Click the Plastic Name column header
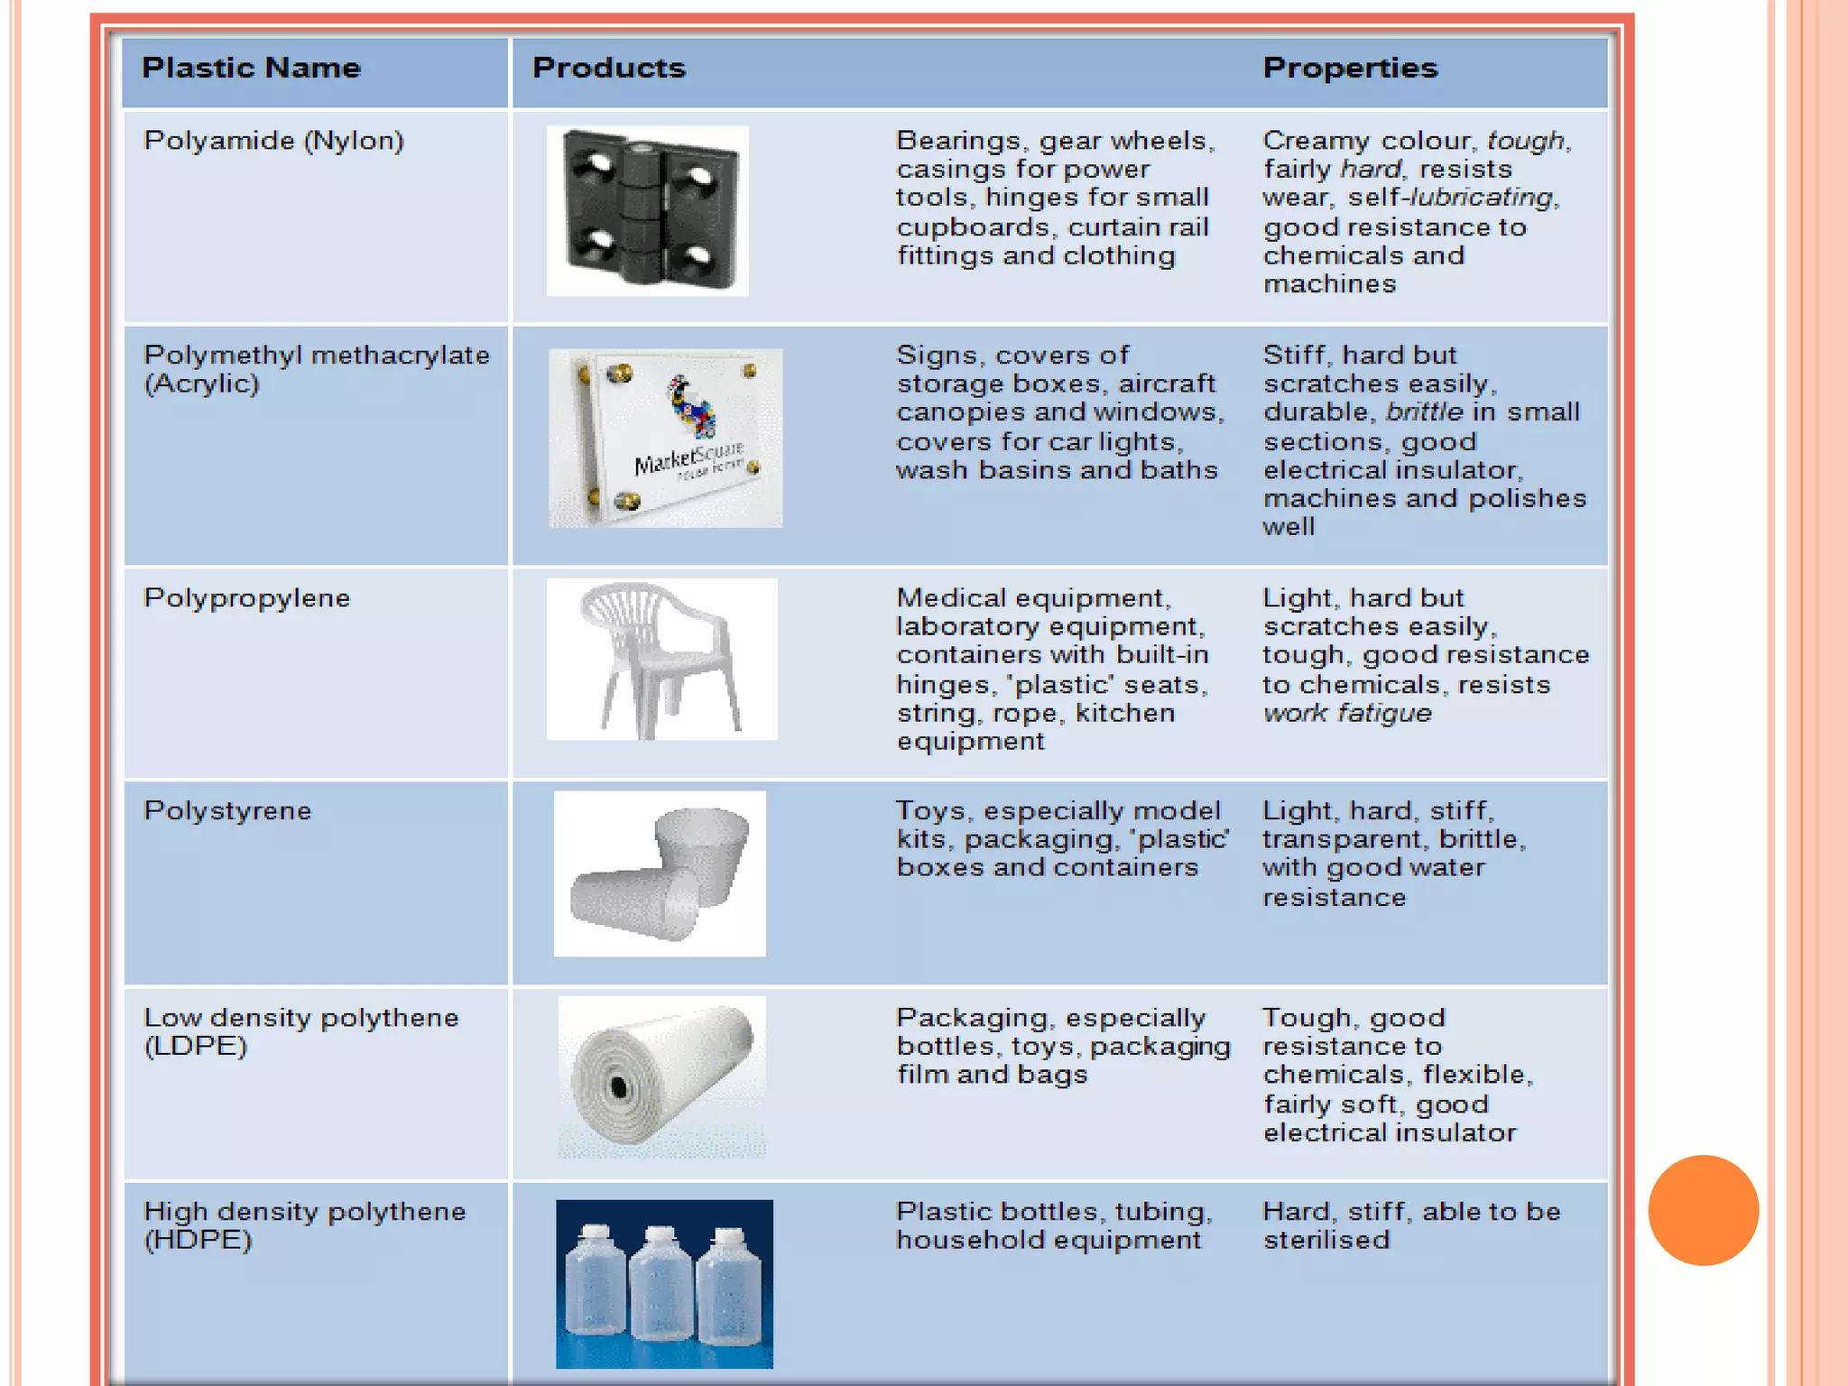[x=251, y=68]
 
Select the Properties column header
[x=1349, y=68]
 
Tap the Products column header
[x=608, y=68]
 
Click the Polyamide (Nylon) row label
[x=273, y=141]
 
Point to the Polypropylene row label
[x=246, y=598]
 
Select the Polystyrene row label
[x=227, y=811]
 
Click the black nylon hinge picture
[x=648, y=210]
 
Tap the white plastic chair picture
[x=661, y=659]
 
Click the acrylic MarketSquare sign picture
[x=666, y=438]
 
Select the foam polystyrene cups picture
[x=660, y=873]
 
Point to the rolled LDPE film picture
[x=661, y=1076]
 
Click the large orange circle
[x=1703, y=1210]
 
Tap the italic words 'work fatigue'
[x=1346, y=714]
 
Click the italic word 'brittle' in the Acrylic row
[x=1424, y=412]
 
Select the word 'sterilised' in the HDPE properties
[x=1326, y=1241]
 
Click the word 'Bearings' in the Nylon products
[x=957, y=142]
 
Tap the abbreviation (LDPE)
[x=195, y=1047]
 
